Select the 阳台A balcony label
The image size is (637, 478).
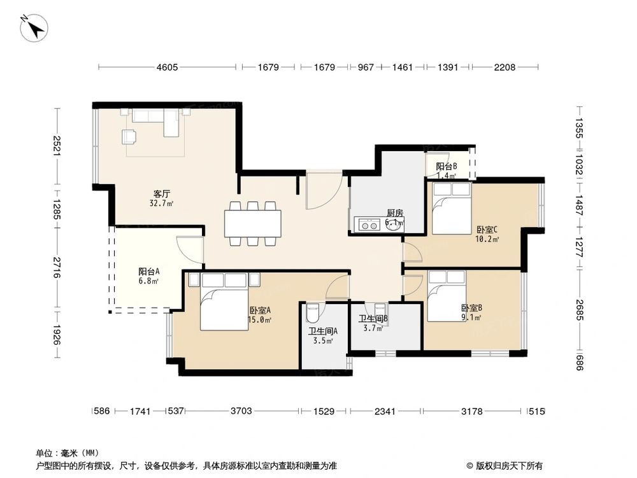[149, 271]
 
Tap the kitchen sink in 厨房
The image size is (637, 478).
[368, 224]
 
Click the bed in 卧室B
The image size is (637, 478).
[447, 295]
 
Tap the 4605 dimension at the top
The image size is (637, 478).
[168, 67]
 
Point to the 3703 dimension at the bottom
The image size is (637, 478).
[241, 412]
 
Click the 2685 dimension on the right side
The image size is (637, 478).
[579, 308]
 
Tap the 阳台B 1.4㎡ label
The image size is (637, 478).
[447, 170]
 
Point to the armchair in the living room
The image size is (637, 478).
[129, 136]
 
